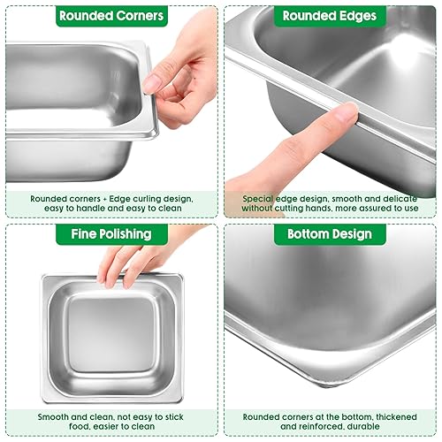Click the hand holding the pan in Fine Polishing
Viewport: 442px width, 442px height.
point(133,261)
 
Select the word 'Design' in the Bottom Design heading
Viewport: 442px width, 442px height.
point(353,234)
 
